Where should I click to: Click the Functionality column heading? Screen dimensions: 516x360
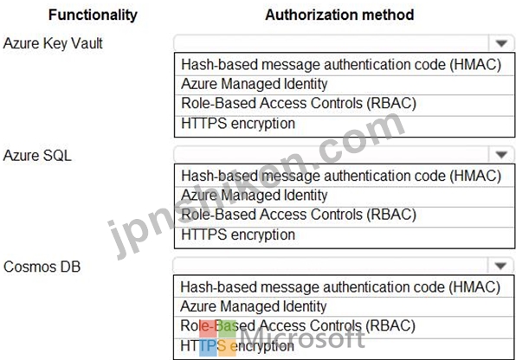(x=93, y=15)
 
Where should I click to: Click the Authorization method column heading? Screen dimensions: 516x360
(x=339, y=15)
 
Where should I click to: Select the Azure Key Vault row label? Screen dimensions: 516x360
(x=53, y=43)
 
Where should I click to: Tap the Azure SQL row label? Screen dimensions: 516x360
(x=37, y=155)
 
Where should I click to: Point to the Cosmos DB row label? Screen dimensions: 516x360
(x=42, y=267)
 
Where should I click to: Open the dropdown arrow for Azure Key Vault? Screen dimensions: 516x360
(x=501, y=43)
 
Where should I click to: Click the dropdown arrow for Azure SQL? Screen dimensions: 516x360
(x=501, y=154)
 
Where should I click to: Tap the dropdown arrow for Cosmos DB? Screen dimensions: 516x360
(x=500, y=266)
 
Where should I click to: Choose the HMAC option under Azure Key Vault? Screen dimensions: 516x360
(x=341, y=65)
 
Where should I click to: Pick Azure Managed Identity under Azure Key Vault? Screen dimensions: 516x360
(x=254, y=84)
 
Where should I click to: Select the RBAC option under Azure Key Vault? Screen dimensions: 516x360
(x=299, y=103)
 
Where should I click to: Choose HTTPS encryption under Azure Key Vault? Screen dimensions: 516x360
(x=238, y=124)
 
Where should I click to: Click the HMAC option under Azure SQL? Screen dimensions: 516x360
(x=341, y=176)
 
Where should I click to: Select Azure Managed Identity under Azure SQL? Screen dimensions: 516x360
(x=254, y=195)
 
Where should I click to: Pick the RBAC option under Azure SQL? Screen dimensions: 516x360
(x=299, y=215)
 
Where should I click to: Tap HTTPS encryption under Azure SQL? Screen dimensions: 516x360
(x=238, y=235)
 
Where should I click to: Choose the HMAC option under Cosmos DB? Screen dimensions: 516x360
(x=340, y=287)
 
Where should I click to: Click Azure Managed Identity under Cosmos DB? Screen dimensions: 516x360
(x=254, y=306)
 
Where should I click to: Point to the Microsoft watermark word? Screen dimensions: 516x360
(x=302, y=337)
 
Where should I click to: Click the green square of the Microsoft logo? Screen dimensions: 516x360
(x=227, y=328)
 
